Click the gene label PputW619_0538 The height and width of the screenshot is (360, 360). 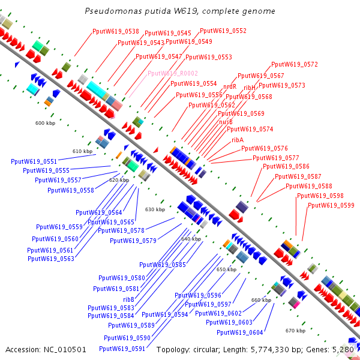(x=116, y=31)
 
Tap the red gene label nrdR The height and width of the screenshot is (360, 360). (x=230, y=86)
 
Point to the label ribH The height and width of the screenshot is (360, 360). (x=249, y=88)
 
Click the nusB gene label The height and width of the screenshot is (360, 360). (x=226, y=121)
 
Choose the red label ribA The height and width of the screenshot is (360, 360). (x=238, y=139)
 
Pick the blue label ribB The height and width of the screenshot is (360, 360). (x=129, y=299)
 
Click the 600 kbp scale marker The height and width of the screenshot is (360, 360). (x=45, y=123)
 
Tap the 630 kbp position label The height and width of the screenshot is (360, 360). (x=155, y=209)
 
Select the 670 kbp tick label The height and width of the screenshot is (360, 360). (x=296, y=331)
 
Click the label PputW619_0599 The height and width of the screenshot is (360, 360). (x=331, y=205)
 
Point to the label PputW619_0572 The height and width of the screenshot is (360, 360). (x=295, y=64)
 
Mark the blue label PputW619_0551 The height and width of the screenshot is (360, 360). (x=34, y=161)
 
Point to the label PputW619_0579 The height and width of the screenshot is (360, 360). (x=133, y=241)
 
